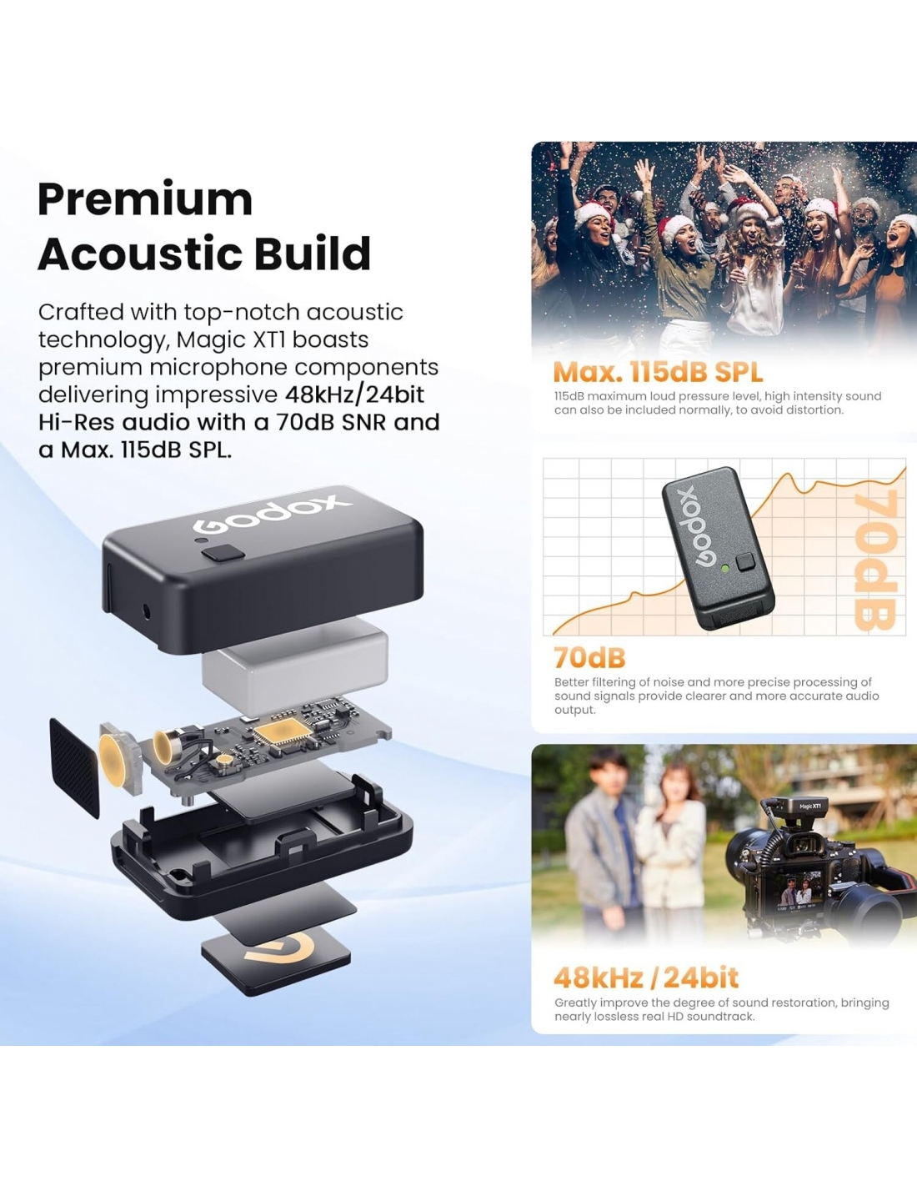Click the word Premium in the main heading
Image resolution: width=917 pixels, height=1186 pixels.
145,199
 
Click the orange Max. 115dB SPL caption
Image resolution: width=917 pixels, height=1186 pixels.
658,372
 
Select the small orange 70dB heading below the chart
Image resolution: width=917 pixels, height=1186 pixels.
589,658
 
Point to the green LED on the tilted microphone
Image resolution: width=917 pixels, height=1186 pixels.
724,568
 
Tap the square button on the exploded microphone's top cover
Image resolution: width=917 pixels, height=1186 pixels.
223,553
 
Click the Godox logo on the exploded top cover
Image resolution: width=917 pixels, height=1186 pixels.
271,514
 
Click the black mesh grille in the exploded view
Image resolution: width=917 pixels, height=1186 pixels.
75,767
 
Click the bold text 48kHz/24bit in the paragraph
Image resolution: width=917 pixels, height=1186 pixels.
354,394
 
